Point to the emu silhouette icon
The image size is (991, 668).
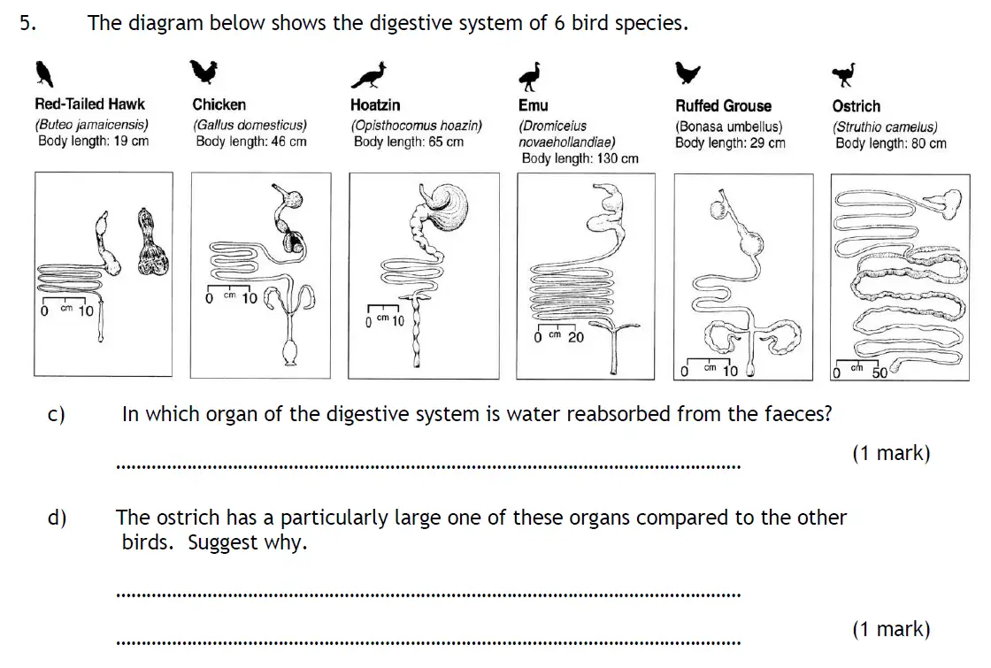point(530,75)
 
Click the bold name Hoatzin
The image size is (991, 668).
point(375,104)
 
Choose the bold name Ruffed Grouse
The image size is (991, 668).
point(723,105)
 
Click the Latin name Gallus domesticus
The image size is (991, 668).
point(250,126)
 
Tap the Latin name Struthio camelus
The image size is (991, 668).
point(884,127)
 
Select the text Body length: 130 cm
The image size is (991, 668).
point(580,158)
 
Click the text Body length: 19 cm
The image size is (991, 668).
point(93,142)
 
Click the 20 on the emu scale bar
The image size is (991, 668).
point(575,337)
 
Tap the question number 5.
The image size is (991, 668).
point(27,24)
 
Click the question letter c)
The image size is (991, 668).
point(57,414)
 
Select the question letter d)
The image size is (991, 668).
point(57,518)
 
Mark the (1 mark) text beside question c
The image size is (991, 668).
point(891,453)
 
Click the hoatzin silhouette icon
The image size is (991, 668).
point(370,76)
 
